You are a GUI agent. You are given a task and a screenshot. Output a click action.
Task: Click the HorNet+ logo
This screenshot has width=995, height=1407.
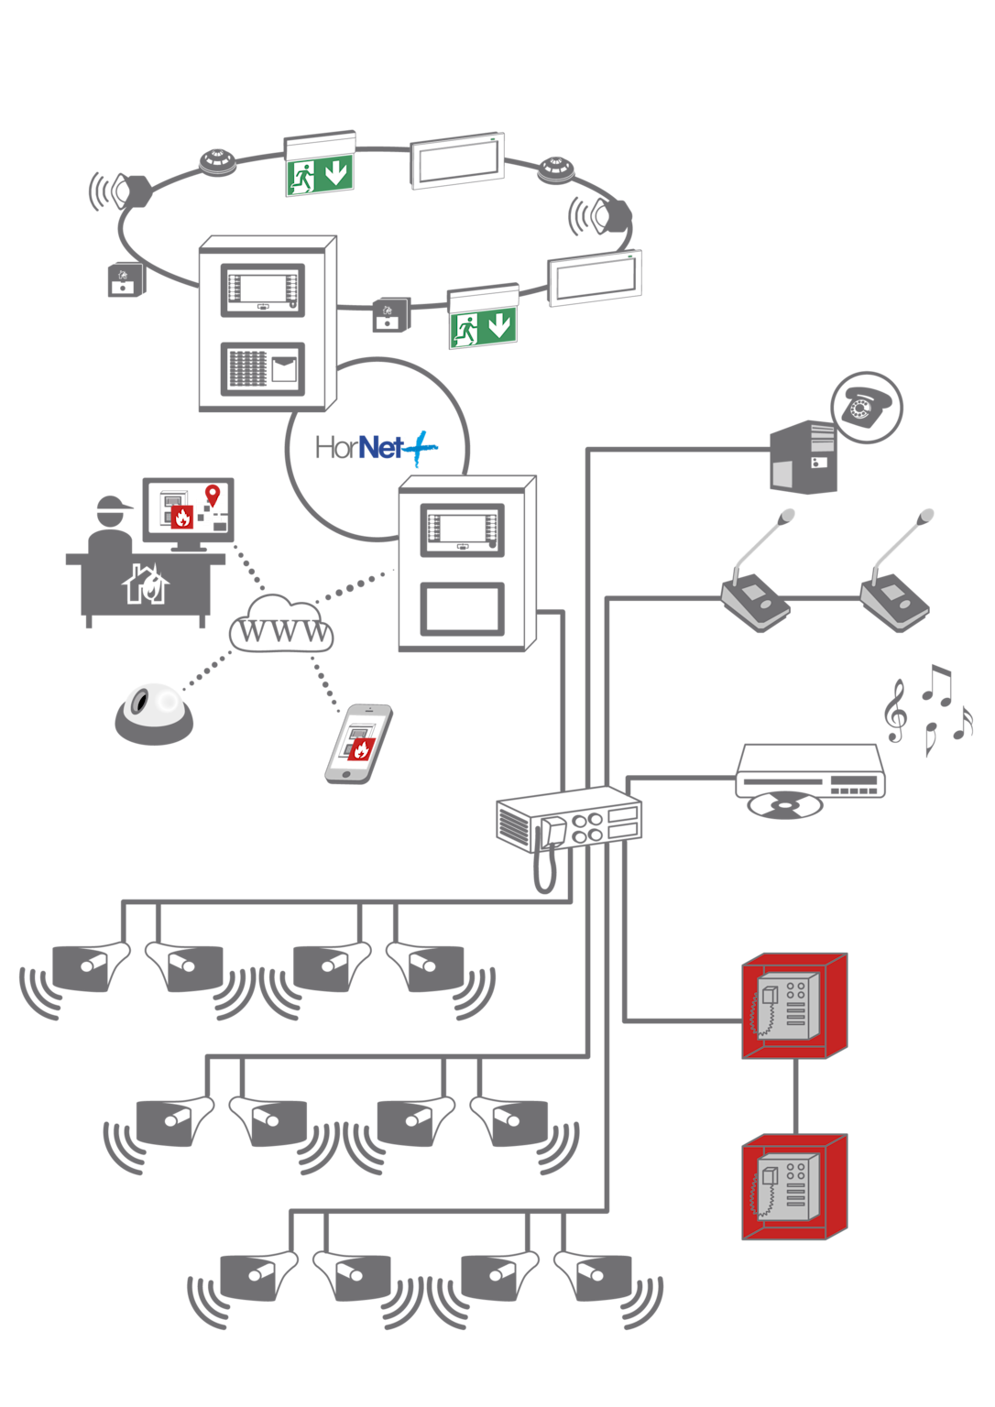[x=376, y=448]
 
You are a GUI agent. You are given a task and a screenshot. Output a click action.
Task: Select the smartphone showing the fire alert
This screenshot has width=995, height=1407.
[x=359, y=743]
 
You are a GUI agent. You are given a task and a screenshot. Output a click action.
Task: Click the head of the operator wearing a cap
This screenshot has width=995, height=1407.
[x=112, y=514]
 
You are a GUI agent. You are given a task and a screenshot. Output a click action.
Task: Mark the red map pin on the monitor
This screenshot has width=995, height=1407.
[x=213, y=496]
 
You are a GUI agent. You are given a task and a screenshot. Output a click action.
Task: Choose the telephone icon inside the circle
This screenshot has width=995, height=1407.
[x=866, y=407]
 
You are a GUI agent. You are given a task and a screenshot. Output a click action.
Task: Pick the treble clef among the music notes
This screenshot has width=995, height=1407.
[x=895, y=710]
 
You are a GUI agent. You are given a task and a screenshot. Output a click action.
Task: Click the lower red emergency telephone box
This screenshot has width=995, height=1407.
[x=794, y=1187]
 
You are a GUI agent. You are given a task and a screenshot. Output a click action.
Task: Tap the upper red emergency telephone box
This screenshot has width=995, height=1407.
[x=794, y=1006]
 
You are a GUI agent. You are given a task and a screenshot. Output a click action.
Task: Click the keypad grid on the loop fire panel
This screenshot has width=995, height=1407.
[x=247, y=368]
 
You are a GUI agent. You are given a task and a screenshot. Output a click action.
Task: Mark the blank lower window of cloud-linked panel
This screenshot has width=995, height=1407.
[x=462, y=609]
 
